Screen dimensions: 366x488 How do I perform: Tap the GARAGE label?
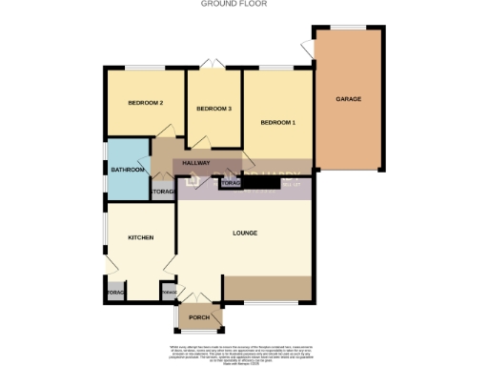[347, 98]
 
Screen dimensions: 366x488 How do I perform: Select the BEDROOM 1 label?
[278, 122]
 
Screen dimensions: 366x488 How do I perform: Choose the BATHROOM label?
[127, 170]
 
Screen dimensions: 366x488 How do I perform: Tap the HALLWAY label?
[196, 163]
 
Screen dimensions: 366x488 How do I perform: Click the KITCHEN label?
[134, 237]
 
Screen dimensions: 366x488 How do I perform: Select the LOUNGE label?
[246, 233]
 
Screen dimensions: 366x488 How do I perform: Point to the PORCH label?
[199, 317]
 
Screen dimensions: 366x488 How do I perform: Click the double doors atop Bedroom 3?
[213, 65]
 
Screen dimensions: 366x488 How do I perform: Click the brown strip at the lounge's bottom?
[267, 287]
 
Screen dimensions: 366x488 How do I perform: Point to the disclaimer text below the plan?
[244, 352]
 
